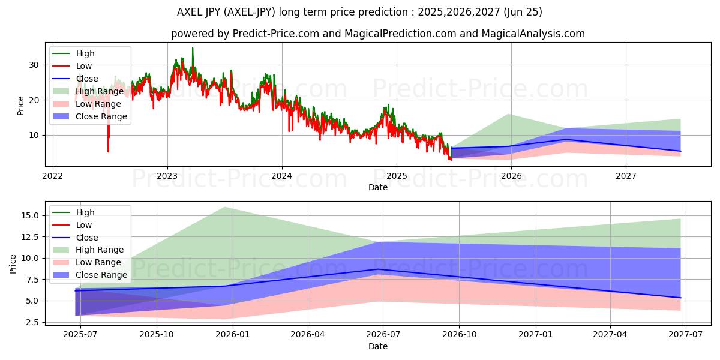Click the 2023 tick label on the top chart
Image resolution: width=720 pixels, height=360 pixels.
click(x=167, y=176)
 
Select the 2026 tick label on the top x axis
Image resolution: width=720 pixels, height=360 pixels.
click(x=511, y=176)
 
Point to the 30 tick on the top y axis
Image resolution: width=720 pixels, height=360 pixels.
click(x=34, y=65)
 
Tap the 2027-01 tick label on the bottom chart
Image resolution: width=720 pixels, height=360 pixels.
click(x=535, y=335)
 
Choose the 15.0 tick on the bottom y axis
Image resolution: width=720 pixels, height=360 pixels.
click(x=29, y=215)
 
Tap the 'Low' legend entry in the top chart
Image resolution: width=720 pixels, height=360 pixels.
click(x=83, y=66)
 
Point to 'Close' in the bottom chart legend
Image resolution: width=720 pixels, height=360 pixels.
click(x=86, y=238)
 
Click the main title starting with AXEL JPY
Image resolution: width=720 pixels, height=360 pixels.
click(x=360, y=12)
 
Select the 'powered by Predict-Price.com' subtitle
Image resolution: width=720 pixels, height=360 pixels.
click(x=378, y=34)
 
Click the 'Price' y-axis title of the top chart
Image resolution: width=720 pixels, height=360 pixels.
click(x=21, y=105)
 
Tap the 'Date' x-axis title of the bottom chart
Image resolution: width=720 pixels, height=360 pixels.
click(x=378, y=346)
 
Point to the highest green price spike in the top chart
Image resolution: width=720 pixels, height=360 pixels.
click(x=193, y=48)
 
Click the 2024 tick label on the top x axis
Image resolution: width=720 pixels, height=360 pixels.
click(x=281, y=176)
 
